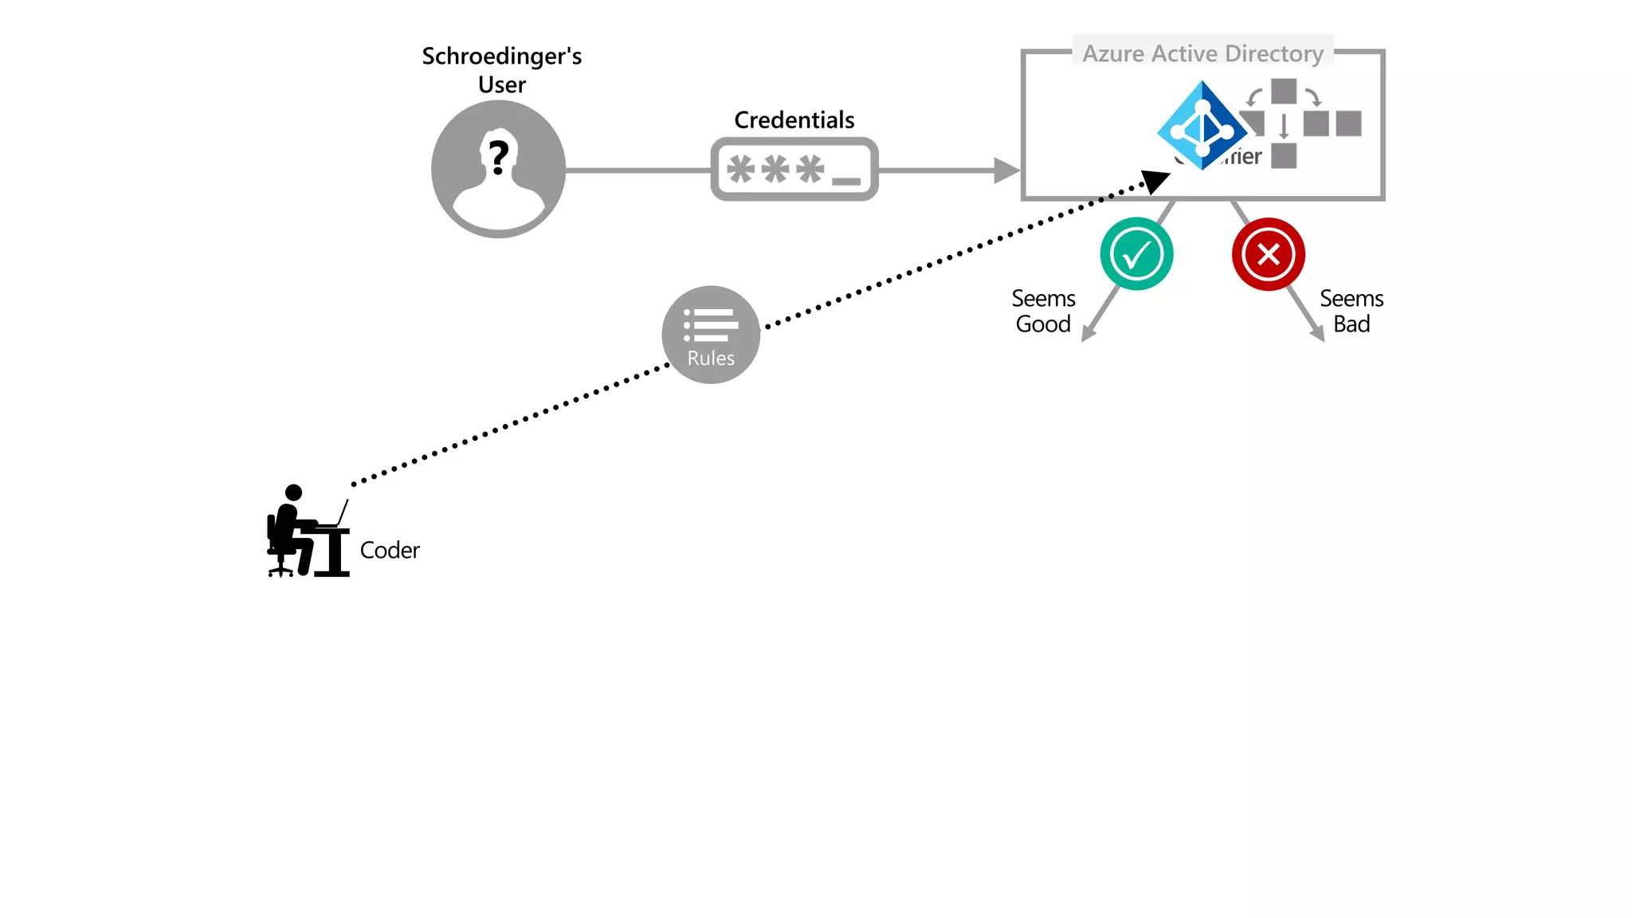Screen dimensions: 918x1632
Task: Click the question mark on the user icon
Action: [x=499, y=157]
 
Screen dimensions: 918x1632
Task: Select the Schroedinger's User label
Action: [x=501, y=70]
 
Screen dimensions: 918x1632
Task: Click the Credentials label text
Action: [x=794, y=120]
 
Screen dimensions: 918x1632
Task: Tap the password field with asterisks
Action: [x=794, y=170]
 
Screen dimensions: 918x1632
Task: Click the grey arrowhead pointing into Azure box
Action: [x=1007, y=170]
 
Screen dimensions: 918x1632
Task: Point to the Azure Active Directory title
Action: [x=1202, y=53]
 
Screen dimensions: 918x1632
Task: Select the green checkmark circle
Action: [x=1136, y=254]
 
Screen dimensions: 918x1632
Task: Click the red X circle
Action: [x=1268, y=254]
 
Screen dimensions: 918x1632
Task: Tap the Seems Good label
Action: [x=1043, y=311]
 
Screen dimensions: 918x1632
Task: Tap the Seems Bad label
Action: [x=1351, y=311]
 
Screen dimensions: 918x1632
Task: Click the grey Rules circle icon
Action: [x=711, y=335]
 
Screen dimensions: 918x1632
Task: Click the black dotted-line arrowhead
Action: [x=1155, y=181]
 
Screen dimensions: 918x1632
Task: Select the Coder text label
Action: [x=390, y=551]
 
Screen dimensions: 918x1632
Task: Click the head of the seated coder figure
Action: [x=293, y=492]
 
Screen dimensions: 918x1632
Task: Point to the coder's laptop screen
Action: [x=343, y=513]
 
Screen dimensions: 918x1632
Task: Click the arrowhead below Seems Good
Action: [x=1087, y=335]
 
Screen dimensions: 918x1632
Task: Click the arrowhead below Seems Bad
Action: [x=1318, y=335]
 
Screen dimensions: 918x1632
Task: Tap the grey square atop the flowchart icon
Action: [x=1283, y=91]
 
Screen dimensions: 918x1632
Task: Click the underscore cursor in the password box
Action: [x=845, y=182]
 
